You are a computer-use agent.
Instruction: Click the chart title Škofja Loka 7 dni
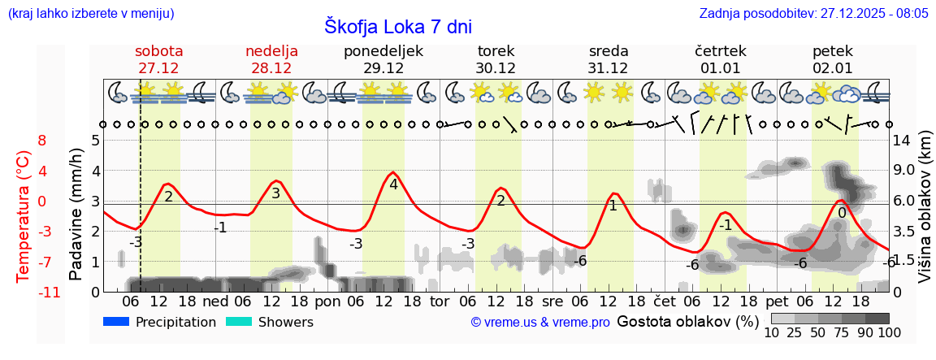(397, 26)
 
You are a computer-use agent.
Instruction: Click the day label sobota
(158, 51)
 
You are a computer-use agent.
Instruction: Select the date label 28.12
(271, 68)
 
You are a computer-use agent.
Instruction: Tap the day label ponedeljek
(383, 51)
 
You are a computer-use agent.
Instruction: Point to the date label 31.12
(608, 68)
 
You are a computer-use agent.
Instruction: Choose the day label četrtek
(721, 51)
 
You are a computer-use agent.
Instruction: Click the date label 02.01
(833, 68)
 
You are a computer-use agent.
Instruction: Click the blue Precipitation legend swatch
(116, 322)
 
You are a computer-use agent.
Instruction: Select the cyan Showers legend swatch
(239, 322)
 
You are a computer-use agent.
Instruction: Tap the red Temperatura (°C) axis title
(24, 216)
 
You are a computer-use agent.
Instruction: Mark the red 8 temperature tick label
(42, 140)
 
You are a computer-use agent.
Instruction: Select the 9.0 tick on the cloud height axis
(903, 171)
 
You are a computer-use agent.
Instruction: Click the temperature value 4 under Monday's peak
(393, 184)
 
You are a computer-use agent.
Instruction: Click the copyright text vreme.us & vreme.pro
(540, 322)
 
